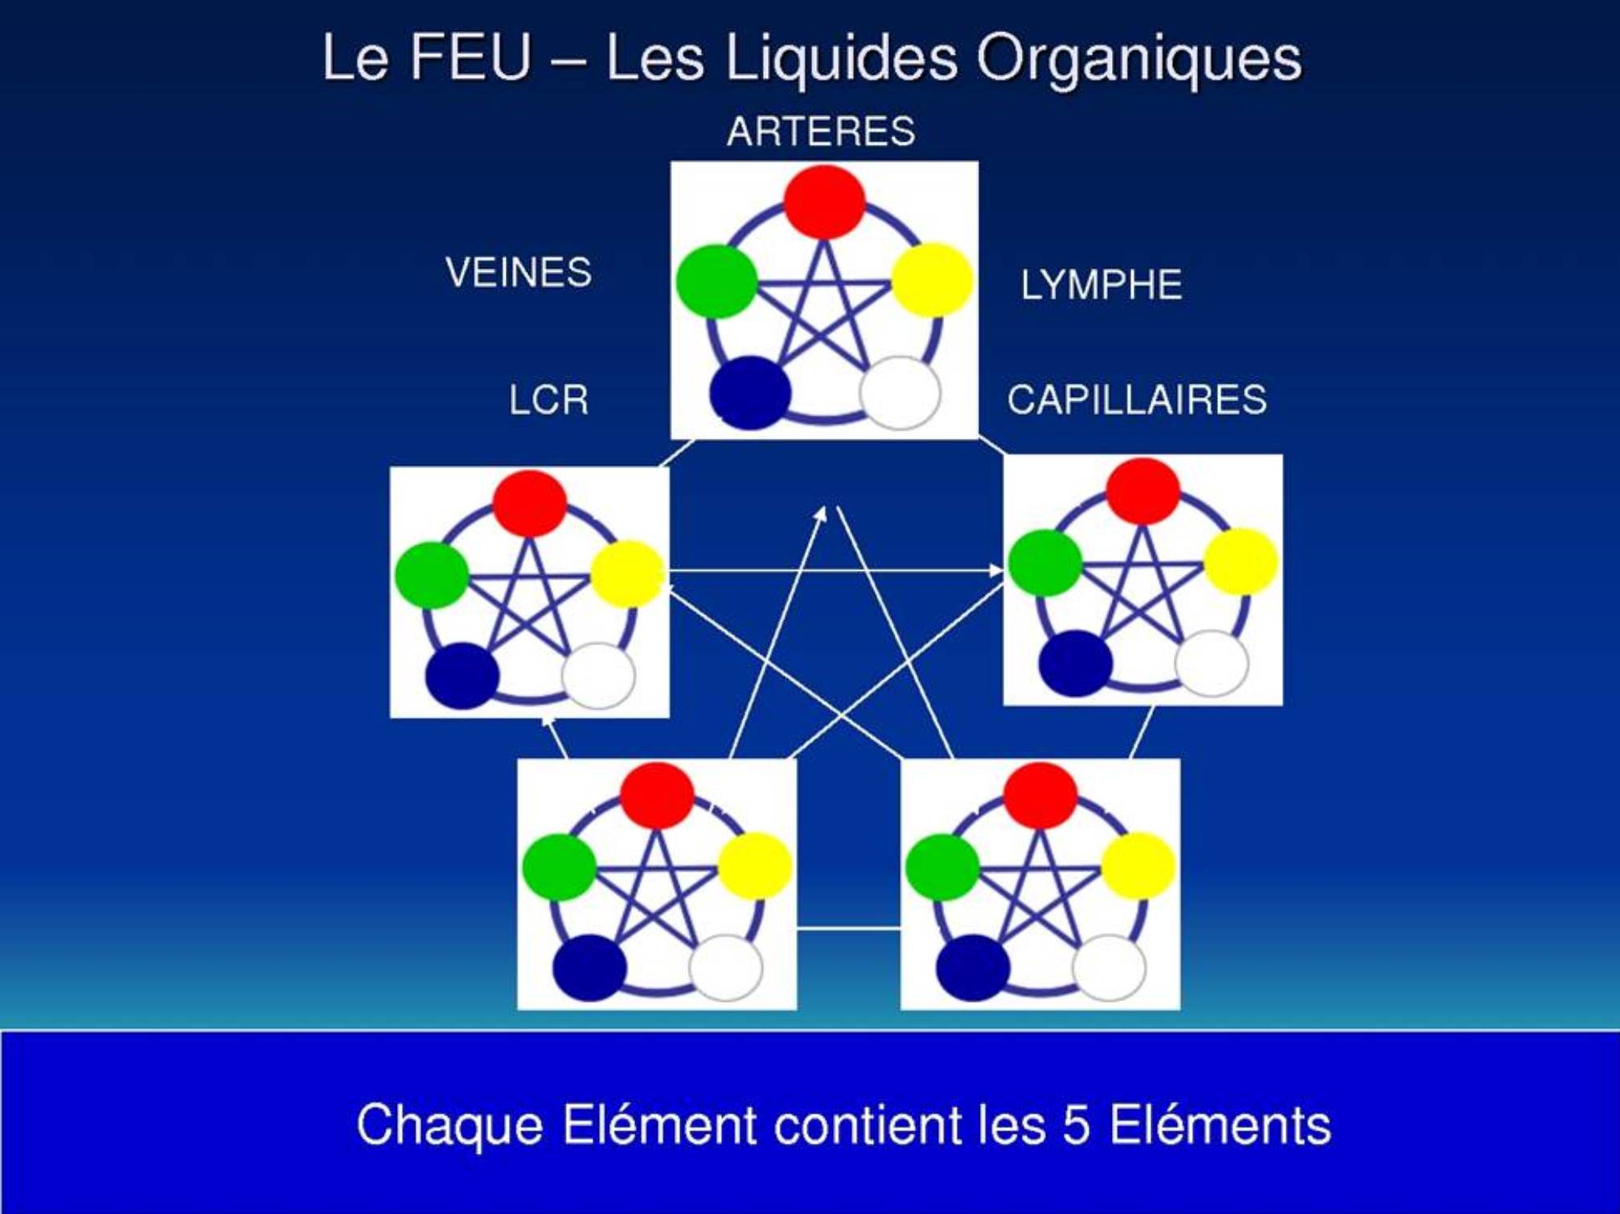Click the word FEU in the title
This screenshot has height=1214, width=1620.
(x=471, y=57)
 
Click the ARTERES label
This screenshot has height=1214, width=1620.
(x=821, y=131)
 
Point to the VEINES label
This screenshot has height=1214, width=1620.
(x=519, y=273)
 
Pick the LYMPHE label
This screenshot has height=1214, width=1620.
(x=1101, y=285)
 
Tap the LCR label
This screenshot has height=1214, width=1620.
(x=548, y=400)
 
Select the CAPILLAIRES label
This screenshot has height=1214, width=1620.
(x=1137, y=400)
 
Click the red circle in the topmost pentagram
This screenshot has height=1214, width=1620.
(x=824, y=202)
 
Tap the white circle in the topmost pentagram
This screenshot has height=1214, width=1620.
(x=900, y=393)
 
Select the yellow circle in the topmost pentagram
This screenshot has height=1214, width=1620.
(x=932, y=281)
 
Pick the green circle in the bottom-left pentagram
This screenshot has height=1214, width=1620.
(x=560, y=867)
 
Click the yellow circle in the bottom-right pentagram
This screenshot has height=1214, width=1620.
(x=1138, y=866)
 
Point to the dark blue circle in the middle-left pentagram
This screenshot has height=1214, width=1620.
(x=462, y=676)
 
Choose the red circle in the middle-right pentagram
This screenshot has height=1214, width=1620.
(x=1143, y=491)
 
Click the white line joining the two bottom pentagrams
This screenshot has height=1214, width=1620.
(x=849, y=929)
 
